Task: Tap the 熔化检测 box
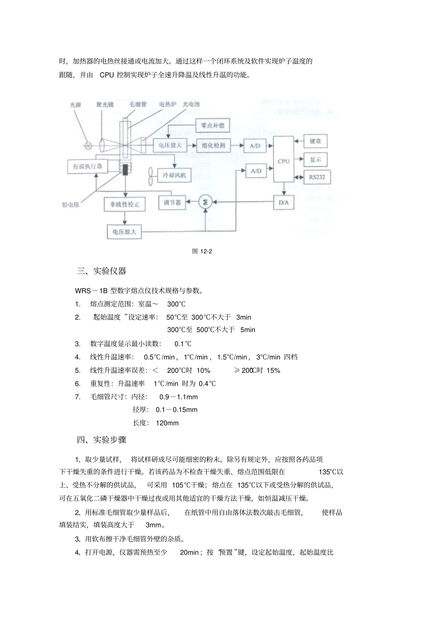tap(213, 145)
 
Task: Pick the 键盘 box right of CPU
tap(316, 141)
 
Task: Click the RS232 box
tap(317, 177)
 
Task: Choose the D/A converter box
tap(283, 202)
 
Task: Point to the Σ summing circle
tap(205, 202)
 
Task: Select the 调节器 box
tap(172, 202)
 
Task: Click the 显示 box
tap(316, 160)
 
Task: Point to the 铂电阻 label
tap(70, 205)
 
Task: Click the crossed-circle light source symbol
tap(87, 146)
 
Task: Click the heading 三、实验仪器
tap(101, 271)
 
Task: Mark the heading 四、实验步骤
tap(101, 440)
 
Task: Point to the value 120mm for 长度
tap(167, 423)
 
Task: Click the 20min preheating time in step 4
tap(189, 552)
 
